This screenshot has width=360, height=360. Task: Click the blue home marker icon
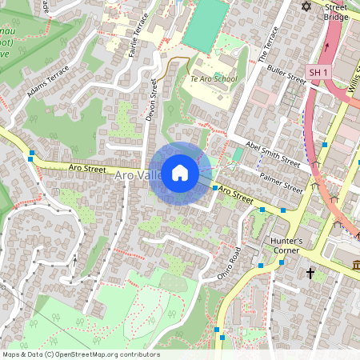pyautogui.click(x=180, y=173)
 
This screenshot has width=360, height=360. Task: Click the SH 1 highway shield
pyautogui.click(x=318, y=72)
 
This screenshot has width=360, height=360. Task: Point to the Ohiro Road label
pyautogui.click(x=229, y=263)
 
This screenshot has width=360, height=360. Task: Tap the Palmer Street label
pyautogui.click(x=282, y=183)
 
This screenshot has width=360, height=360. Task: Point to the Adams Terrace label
pyautogui.click(x=48, y=81)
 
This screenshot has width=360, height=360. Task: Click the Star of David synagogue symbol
pyautogui.click(x=305, y=6)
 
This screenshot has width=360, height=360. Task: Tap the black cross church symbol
pyautogui.click(x=310, y=274)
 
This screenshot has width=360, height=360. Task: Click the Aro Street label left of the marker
pyautogui.click(x=87, y=169)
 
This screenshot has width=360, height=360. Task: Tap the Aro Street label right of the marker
pyautogui.click(x=236, y=193)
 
